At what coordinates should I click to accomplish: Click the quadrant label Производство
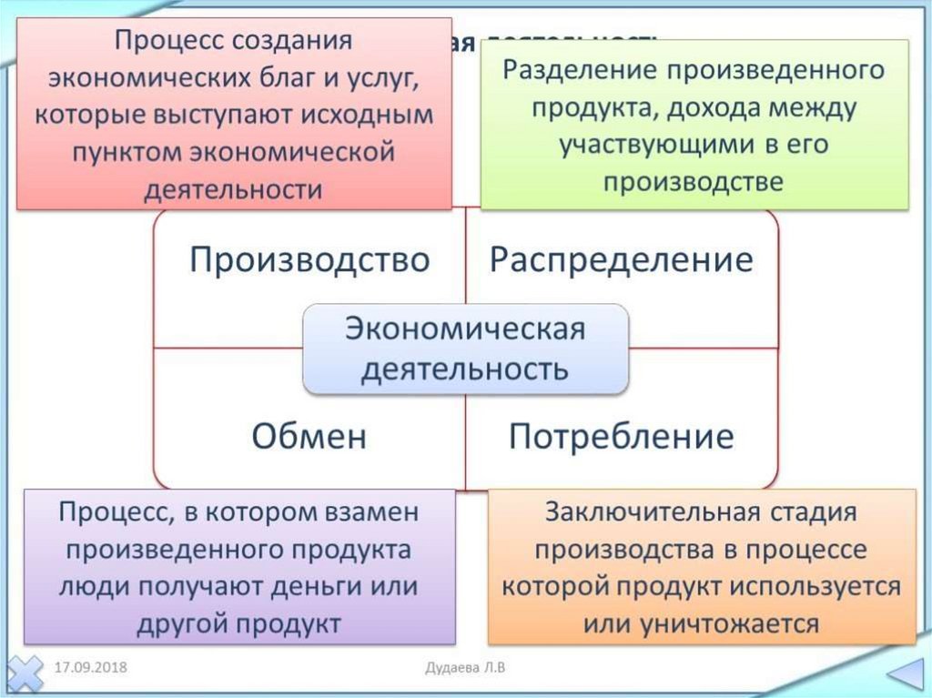click(309, 260)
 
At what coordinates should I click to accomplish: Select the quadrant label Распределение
click(622, 260)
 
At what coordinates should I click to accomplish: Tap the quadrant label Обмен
click(309, 437)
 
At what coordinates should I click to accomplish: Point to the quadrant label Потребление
click(621, 437)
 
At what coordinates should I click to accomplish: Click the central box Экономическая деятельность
click(465, 349)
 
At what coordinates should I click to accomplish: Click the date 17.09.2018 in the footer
click(89, 668)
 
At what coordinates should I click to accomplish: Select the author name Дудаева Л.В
click(465, 668)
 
